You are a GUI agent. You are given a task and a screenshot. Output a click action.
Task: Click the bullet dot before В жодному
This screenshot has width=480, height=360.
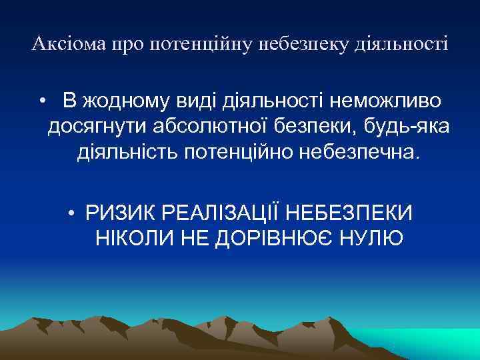point(42,101)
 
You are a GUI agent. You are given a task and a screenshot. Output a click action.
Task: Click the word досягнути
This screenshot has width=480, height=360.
point(99,127)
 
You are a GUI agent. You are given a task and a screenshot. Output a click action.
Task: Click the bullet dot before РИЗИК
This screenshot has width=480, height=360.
point(71,213)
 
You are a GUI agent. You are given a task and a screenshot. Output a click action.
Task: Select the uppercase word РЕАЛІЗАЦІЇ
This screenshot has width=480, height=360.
point(221,213)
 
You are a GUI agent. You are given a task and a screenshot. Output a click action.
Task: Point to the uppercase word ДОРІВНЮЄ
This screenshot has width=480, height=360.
point(281,238)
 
